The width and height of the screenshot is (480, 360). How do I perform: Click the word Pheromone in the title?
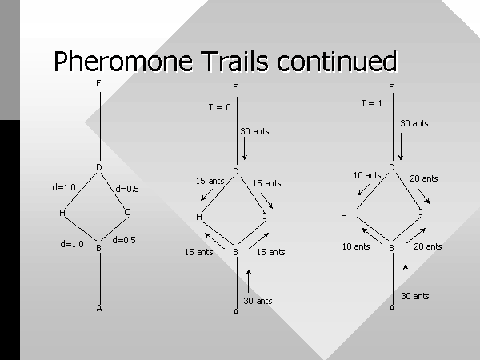pos(123,61)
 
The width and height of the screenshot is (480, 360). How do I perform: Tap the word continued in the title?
pos(337,61)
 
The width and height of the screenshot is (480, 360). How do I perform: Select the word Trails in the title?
pos(234,61)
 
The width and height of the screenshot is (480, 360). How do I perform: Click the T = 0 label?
pos(219,107)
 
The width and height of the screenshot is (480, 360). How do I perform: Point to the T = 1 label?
pos(372,103)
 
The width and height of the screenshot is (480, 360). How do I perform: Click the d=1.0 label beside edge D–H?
pos(64,187)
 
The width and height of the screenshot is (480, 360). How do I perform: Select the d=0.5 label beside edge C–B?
pos(124,240)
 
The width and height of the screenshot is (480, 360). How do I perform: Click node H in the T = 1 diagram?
pos(344,216)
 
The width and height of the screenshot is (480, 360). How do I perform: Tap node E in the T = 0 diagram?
pos(235,87)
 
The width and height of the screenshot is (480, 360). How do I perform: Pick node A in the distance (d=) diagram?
pos(99,308)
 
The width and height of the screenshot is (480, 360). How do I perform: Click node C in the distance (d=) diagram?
pos(127,212)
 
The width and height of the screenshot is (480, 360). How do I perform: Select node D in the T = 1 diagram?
pos(392,167)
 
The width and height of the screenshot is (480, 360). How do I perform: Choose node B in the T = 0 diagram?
pos(235,252)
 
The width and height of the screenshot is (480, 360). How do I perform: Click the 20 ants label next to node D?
pos(424,178)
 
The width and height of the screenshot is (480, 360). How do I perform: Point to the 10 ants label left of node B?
pos(356,246)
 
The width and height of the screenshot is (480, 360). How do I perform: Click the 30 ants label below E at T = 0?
pos(254,131)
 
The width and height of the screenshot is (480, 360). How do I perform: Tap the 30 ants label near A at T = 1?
pos(414,296)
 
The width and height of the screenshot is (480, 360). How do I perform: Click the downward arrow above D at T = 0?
pos(244,148)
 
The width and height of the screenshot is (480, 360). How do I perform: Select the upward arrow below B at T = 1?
pos(406,277)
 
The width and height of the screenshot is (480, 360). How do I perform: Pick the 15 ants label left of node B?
pos(198,252)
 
